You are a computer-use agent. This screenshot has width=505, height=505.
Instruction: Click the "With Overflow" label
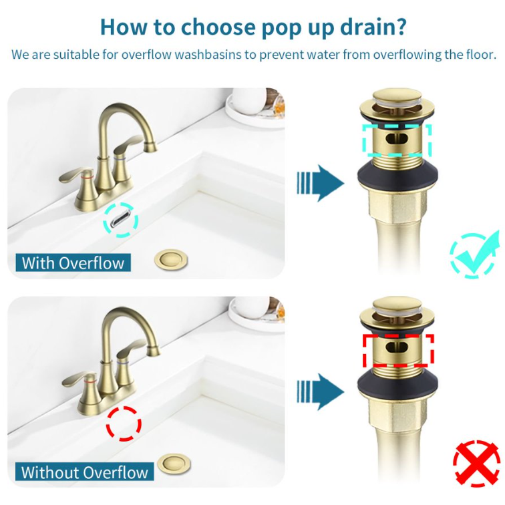[73, 263]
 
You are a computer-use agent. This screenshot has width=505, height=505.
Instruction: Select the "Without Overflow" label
[84, 472]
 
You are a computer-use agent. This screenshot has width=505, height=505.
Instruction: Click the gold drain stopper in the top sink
[171, 259]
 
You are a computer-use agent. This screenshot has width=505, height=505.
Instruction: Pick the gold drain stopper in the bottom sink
[174, 464]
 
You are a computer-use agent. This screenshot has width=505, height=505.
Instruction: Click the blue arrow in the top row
[320, 183]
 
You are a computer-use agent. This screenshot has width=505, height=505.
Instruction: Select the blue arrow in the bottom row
[320, 391]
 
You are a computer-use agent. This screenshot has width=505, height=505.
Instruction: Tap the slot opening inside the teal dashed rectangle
[397, 139]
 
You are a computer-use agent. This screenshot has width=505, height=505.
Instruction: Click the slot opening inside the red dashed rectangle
[397, 347]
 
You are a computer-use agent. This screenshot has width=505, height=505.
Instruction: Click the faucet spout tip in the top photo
[150, 148]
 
